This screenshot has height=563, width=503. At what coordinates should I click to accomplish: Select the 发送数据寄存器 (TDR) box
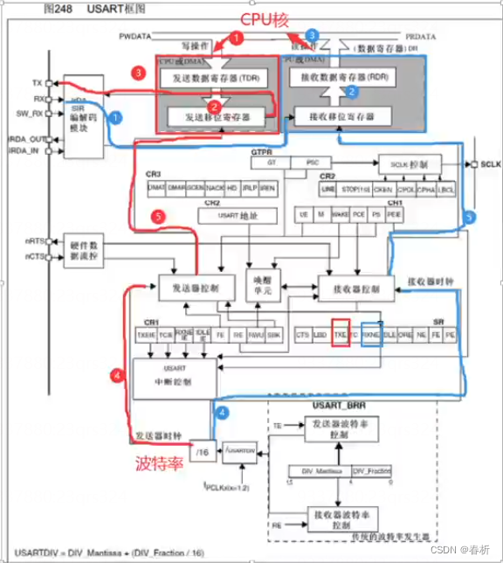point(213,79)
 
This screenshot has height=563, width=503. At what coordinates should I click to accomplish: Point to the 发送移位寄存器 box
point(213,115)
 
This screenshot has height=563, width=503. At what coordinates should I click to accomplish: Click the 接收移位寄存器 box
point(336,116)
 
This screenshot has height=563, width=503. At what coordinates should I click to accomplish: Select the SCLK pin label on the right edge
point(488,164)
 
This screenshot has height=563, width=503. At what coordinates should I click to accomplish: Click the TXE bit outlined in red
point(341,334)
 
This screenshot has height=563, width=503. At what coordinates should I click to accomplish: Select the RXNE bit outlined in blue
point(371,334)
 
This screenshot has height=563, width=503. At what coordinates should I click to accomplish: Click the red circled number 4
point(116,375)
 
